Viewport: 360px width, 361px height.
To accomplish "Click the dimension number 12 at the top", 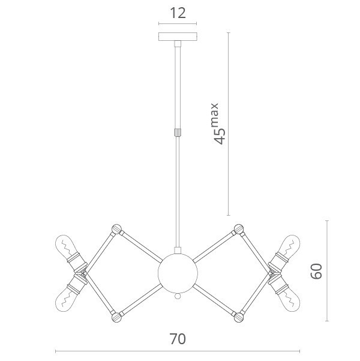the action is (178, 13).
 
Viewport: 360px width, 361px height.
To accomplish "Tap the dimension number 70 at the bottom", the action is (178, 339).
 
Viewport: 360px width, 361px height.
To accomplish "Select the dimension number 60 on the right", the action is (316, 271).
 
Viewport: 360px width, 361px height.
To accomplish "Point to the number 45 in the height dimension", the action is (220, 136).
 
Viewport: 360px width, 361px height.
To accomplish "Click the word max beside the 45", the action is (214, 115).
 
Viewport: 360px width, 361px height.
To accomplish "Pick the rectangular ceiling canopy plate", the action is (178, 37).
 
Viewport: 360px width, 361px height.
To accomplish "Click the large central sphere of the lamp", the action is (178, 273).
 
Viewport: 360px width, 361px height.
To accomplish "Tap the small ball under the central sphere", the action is (178, 296).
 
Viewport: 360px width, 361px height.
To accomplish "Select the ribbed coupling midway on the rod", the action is (178, 133).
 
